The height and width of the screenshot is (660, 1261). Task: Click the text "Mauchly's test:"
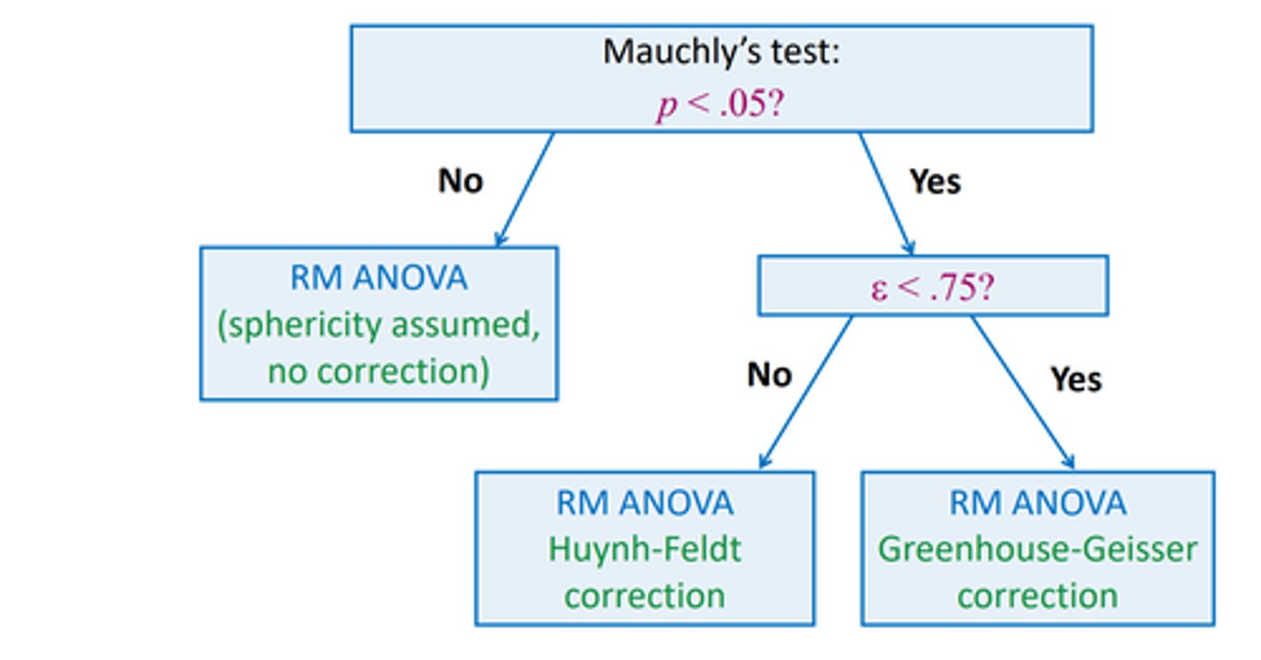[x=721, y=53]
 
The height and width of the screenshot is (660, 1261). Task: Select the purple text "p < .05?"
[x=721, y=107]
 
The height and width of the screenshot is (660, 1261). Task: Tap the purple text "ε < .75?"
[x=932, y=287]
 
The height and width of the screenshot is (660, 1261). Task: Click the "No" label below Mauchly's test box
[x=460, y=181]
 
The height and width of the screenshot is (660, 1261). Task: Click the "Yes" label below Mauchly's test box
[x=934, y=181]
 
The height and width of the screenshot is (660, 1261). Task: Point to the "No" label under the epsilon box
[x=769, y=375]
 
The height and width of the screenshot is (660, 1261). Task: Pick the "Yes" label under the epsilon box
[x=1076, y=379]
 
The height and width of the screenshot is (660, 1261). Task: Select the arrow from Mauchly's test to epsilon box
[x=886, y=193]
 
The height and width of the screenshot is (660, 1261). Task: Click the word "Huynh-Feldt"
[x=645, y=550]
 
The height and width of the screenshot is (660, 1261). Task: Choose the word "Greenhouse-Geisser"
[x=1038, y=550]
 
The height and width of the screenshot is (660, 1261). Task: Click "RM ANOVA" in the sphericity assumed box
[x=378, y=278]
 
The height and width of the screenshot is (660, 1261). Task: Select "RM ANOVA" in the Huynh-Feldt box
[x=645, y=503]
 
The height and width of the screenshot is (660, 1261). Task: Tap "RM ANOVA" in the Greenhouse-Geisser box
[x=1038, y=503]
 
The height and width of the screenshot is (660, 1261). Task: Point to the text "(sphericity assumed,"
[x=378, y=325]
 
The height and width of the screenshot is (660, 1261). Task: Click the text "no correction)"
[x=378, y=371]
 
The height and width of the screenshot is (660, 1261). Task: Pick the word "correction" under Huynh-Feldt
[x=645, y=596]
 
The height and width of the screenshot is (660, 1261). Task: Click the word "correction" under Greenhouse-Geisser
[x=1038, y=596]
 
